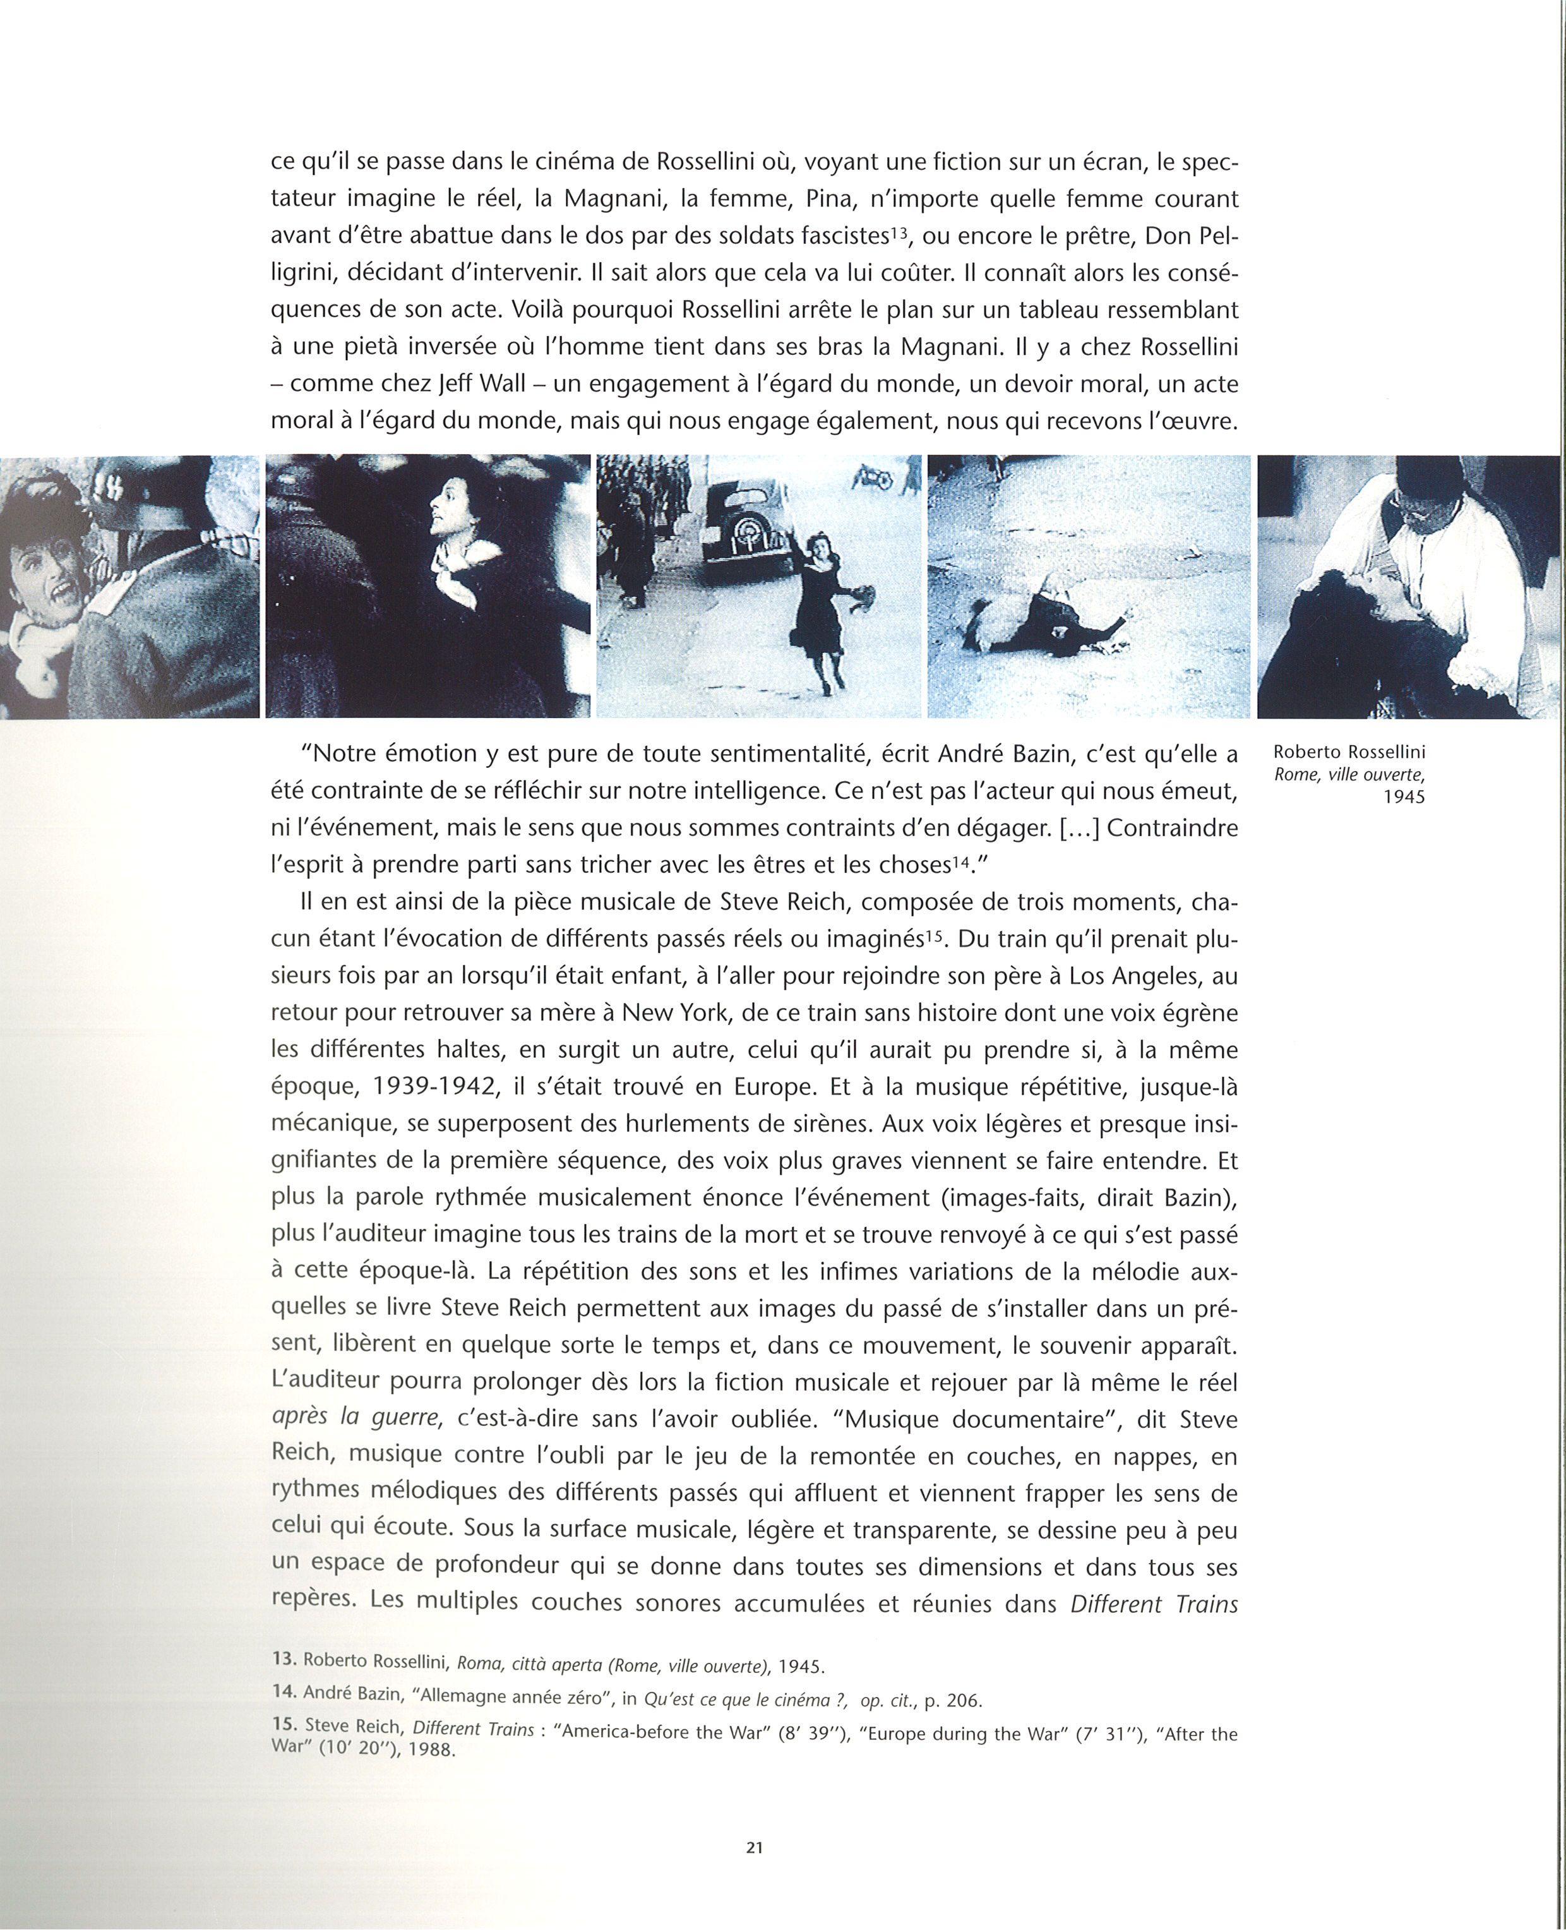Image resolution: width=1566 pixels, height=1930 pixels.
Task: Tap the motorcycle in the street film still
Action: tap(876, 476)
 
